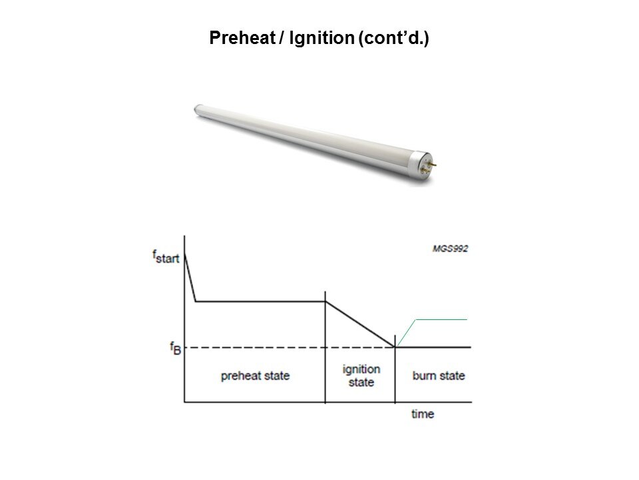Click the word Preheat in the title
[x=242, y=38]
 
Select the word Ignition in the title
[x=321, y=38]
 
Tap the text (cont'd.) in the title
[x=393, y=38]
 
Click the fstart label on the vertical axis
[x=166, y=257]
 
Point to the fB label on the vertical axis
[x=176, y=348]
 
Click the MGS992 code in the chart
[x=451, y=249]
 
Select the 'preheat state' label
[x=255, y=375]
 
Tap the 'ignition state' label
[x=361, y=375]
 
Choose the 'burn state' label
[x=439, y=375]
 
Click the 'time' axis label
[x=423, y=414]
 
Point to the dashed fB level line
[x=290, y=347]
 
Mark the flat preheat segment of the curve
[x=260, y=301]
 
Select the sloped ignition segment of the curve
[x=360, y=325]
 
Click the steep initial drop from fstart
[x=190, y=277]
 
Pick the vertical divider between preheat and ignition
[x=325, y=347]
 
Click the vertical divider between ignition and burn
[x=395, y=369]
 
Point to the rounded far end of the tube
[x=197, y=109]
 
